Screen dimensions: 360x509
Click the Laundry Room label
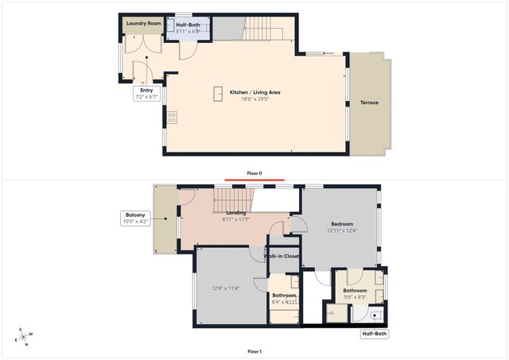(144, 24)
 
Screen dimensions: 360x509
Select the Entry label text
(146, 91)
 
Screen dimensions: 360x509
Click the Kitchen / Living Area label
(255, 93)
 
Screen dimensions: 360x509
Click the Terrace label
(369, 103)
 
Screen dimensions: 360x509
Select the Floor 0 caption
(254, 172)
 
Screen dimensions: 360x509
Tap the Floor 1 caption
(254, 351)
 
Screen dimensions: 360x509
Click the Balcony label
(134, 215)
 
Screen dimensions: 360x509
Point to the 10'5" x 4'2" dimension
(134, 222)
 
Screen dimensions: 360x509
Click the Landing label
(235, 212)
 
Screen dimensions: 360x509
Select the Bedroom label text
(342, 224)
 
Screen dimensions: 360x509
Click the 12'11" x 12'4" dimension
(342, 231)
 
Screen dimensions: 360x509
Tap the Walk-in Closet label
(282, 256)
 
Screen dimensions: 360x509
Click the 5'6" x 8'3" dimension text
(355, 298)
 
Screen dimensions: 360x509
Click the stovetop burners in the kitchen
(171, 118)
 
